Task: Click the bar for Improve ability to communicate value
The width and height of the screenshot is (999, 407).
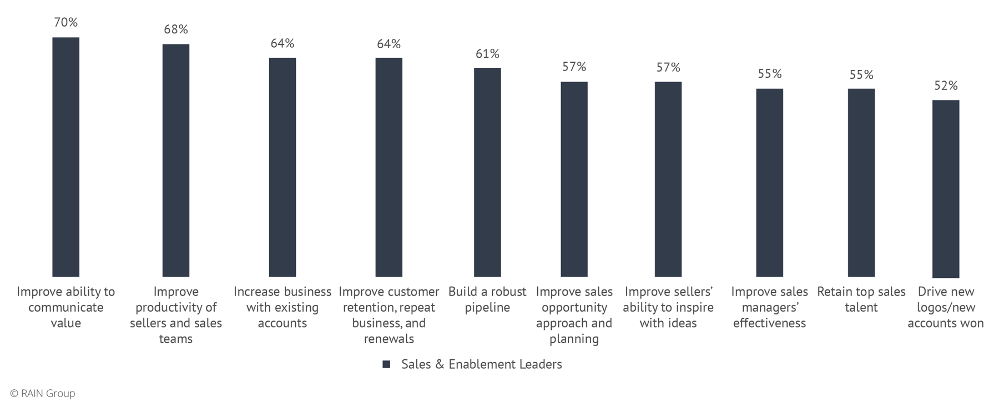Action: pyautogui.click(x=65, y=157)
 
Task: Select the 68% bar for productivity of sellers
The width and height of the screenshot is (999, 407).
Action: pyautogui.click(x=175, y=160)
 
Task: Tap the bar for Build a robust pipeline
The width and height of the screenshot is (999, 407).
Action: pyautogui.click(x=487, y=172)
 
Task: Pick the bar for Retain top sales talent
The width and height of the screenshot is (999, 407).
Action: pyautogui.click(x=861, y=182)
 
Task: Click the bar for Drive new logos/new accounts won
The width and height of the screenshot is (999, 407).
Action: pyautogui.click(x=945, y=189)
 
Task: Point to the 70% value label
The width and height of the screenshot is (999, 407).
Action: pyautogui.click(x=65, y=23)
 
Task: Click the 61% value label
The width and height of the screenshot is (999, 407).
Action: pyautogui.click(x=487, y=54)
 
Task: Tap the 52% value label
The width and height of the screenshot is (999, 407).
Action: pyautogui.click(x=945, y=85)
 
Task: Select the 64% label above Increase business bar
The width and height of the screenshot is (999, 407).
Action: pyautogui.click(x=282, y=43)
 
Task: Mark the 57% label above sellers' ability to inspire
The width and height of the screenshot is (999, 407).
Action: pyautogui.click(x=668, y=67)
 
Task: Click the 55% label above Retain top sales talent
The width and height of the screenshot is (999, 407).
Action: pyautogui.click(x=861, y=74)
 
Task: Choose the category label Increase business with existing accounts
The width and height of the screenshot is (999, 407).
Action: pyautogui.click(x=282, y=307)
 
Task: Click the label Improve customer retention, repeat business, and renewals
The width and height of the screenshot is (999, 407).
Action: pyautogui.click(x=389, y=315)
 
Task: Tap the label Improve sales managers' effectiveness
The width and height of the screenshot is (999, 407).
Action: pyautogui.click(x=769, y=307)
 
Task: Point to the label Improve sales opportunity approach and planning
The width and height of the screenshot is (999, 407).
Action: pyautogui.click(x=574, y=315)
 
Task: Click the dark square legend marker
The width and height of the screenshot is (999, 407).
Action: pyautogui.click(x=386, y=364)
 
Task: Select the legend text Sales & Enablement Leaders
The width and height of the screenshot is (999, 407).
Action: pyautogui.click(x=481, y=364)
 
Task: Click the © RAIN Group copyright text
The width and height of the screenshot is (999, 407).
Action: pyautogui.click(x=43, y=393)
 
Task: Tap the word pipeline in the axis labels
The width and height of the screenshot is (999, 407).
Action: pyautogui.click(x=487, y=307)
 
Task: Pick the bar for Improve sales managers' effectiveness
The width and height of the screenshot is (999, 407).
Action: pyautogui.click(x=769, y=182)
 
